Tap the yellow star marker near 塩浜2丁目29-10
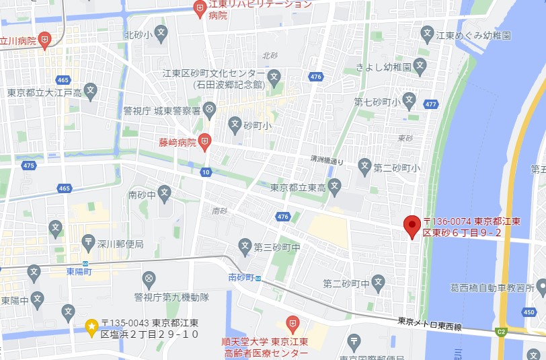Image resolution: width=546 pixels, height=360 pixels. [91, 326]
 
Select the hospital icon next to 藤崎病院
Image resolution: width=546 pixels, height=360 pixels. [206, 142]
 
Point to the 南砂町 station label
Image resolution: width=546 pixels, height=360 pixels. [240, 277]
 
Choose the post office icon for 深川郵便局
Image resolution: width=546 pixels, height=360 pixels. [88, 241]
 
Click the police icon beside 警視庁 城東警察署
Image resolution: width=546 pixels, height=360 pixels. [210, 109]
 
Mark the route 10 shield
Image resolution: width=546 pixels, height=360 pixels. [206, 172]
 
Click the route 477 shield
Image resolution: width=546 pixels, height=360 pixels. [431, 104]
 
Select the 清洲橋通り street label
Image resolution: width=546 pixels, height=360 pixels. [327, 160]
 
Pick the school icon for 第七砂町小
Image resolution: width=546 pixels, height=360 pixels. [410, 102]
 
